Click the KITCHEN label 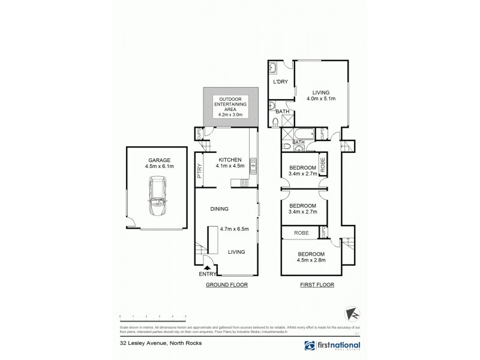231,158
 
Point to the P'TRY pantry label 198,172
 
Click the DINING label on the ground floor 220,209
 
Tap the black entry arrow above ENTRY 207,268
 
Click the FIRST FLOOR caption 317,285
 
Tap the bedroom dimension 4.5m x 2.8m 311,260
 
